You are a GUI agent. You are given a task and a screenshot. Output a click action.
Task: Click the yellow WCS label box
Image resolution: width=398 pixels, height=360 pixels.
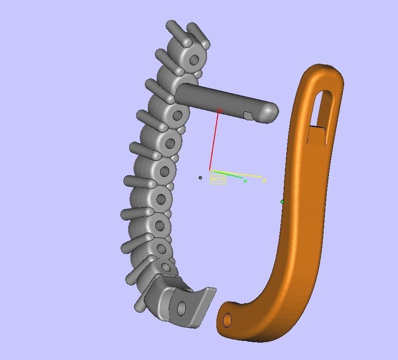point(218,180)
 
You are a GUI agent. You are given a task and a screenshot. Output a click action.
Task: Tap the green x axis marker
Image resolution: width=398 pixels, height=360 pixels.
point(245,181)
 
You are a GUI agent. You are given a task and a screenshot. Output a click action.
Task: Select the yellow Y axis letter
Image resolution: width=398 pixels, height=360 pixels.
point(264,180)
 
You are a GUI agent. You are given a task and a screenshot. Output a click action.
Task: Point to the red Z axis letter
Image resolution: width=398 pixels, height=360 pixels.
point(220,110)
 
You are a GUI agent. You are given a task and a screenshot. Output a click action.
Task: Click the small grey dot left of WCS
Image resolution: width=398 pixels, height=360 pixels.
point(200,178)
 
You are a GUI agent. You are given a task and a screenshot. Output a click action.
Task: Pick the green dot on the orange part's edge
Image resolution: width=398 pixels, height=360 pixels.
point(282,202)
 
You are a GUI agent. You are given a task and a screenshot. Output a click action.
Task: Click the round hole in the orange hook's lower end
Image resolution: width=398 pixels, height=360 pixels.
point(227,320)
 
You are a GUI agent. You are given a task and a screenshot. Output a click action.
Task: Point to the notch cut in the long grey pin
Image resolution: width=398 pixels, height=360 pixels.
point(248,116)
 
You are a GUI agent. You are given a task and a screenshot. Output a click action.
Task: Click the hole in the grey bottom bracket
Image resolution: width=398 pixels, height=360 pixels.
point(181,308)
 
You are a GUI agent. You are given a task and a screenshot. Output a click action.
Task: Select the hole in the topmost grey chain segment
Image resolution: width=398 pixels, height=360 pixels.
point(194,60)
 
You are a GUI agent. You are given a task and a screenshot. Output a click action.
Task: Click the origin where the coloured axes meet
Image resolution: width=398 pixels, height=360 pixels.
point(210,170)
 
